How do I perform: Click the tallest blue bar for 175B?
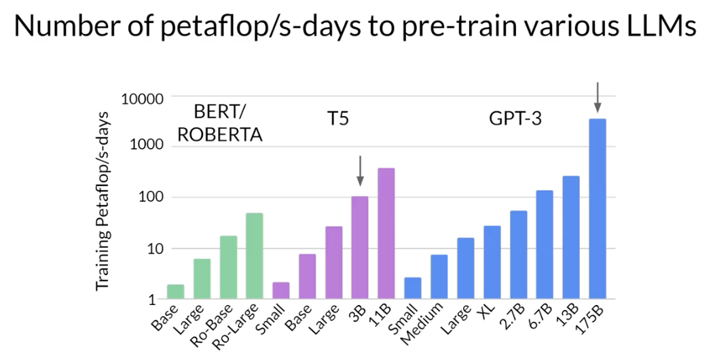pyautogui.click(x=598, y=209)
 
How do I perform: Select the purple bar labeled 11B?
pyautogui.click(x=386, y=234)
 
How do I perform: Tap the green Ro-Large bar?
pyautogui.click(x=254, y=256)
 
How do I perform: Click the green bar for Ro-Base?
pyautogui.click(x=227, y=268)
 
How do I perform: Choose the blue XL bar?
pyautogui.click(x=492, y=262)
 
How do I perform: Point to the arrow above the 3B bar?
pyautogui.click(x=360, y=170)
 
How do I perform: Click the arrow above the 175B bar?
pyautogui.click(x=598, y=97)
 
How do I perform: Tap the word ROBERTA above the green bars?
pyautogui.click(x=219, y=134)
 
